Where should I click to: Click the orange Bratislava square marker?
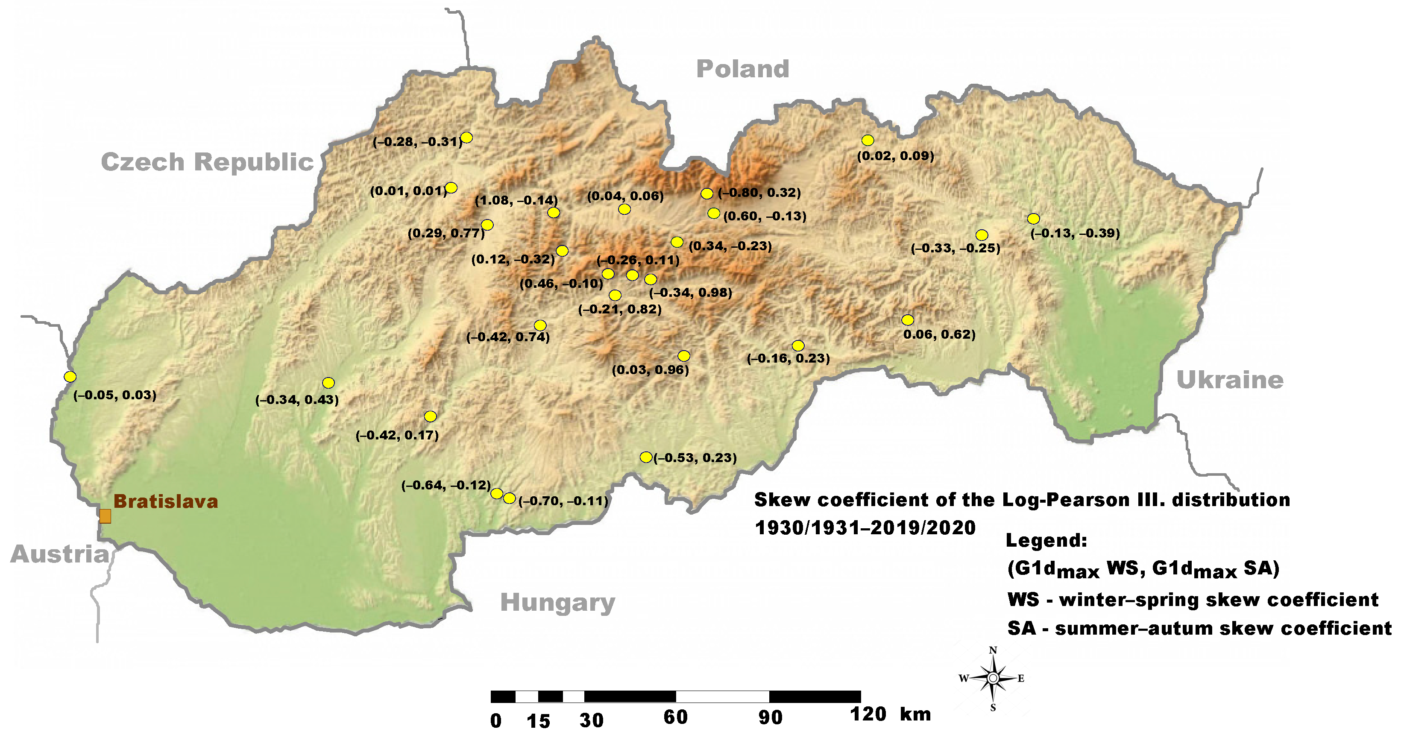(105, 516)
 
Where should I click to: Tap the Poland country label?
(742, 69)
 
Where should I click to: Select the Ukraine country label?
(1230, 380)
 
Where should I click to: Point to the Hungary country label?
(557, 602)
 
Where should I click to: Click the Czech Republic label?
(207, 162)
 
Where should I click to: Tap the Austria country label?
(60, 554)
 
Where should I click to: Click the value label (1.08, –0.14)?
(516, 200)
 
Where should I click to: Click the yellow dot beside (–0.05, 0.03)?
(70, 377)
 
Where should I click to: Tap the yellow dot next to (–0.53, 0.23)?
(646, 457)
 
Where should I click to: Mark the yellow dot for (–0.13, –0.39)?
(1033, 219)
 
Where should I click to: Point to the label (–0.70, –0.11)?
(563, 501)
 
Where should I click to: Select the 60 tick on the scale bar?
(675, 717)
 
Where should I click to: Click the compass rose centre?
(993, 678)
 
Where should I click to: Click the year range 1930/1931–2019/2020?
(865, 527)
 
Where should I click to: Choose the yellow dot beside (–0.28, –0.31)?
(466, 137)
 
